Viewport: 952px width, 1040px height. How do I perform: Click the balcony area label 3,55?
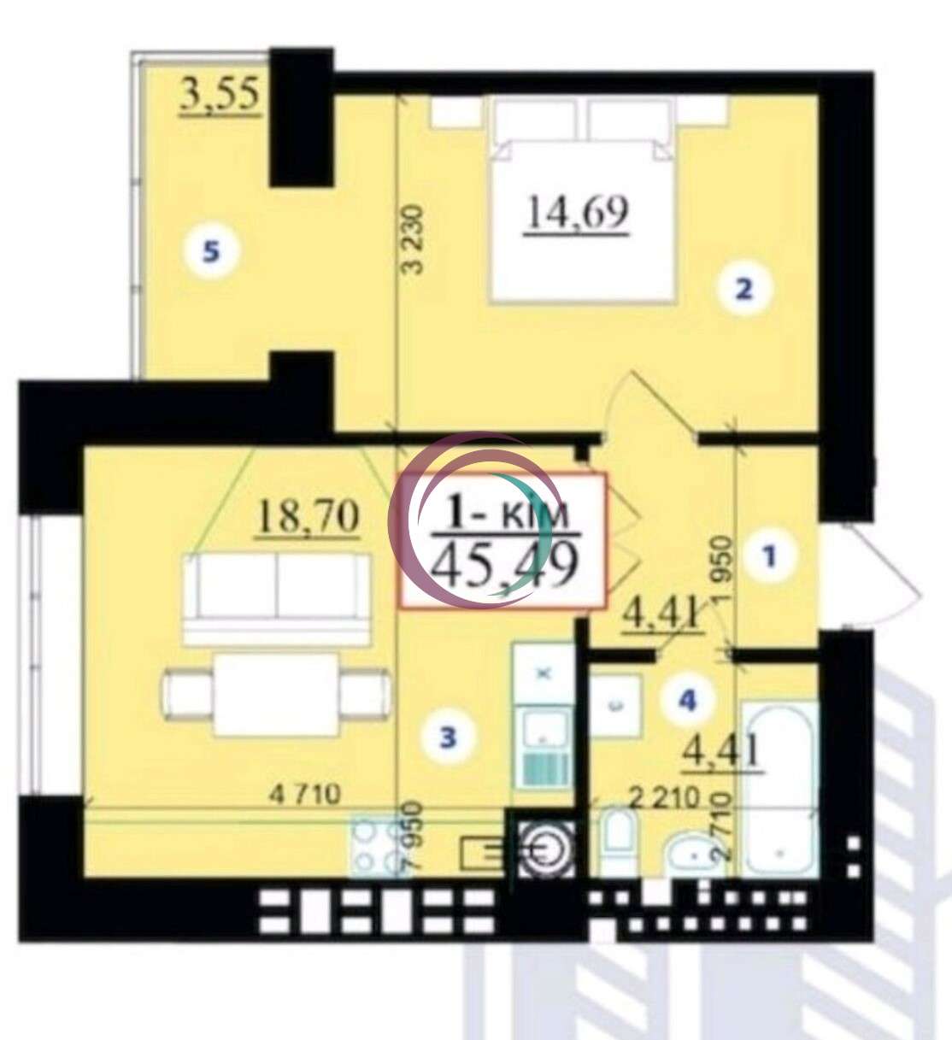[x=219, y=96]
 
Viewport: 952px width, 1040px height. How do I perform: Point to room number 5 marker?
[x=210, y=253]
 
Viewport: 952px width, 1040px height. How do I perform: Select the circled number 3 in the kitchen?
[x=448, y=736]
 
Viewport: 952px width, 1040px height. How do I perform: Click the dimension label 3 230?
[x=414, y=240]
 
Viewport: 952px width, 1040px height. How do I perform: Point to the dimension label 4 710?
[x=305, y=794]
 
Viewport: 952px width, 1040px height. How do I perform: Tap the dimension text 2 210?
[x=664, y=798]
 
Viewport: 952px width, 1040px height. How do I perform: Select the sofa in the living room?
[x=278, y=598]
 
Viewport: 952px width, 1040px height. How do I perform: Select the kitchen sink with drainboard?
[x=544, y=745]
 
